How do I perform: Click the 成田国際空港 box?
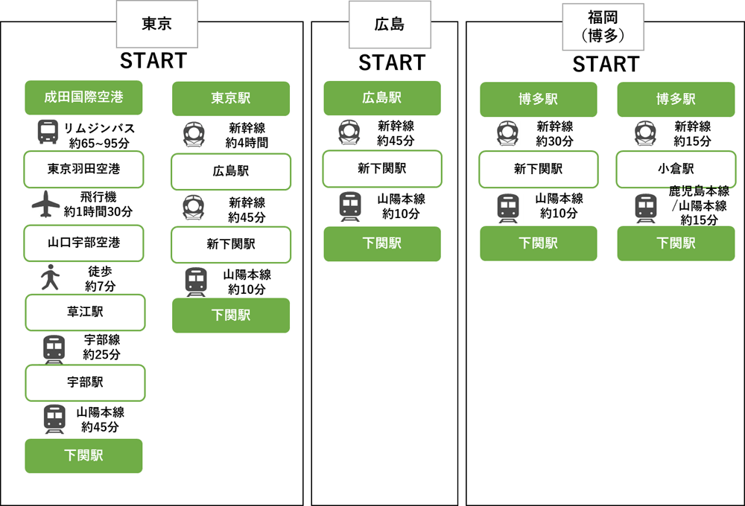pos(83,97)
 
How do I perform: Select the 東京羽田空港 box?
pos(83,169)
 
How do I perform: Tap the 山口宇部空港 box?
pos(83,242)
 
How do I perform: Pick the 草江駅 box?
pos(85,312)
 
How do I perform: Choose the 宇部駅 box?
pos(85,382)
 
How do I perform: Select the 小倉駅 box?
pos(676,169)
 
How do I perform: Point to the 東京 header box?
pos(156,24)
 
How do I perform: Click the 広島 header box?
pos(390,24)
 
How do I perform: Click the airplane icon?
pos(46,204)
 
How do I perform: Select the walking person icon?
pos(50,277)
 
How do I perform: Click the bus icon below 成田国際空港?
pos(48,132)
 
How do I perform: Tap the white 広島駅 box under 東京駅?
pos(230,171)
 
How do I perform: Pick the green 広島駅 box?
pos(382,97)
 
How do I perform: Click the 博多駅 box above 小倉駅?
pos(676,99)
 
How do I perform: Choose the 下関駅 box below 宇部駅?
pos(83,455)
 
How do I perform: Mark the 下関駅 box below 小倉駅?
pos(676,243)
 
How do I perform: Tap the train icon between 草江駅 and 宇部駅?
pos(54,348)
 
